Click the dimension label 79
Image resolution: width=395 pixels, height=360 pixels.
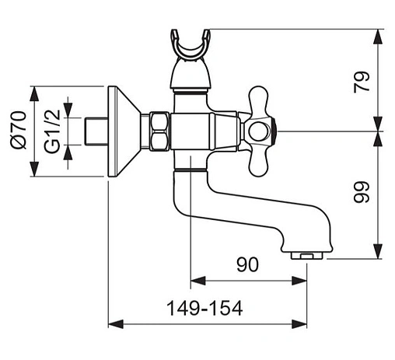[362, 81]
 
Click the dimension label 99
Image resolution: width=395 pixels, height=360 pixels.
[361, 192]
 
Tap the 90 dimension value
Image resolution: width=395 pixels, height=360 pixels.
[247, 264]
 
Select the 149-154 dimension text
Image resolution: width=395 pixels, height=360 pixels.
[204, 308]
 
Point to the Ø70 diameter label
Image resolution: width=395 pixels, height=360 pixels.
[19, 130]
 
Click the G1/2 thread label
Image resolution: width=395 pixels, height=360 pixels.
[52, 131]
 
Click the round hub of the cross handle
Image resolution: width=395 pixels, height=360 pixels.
[257, 131]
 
